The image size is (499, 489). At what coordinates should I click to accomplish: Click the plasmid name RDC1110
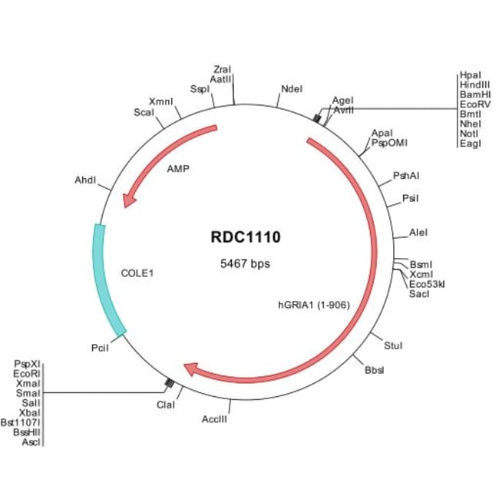pos(246,237)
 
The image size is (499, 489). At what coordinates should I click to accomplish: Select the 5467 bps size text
pos(246,263)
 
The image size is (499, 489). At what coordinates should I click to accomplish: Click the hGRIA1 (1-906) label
pos(314,305)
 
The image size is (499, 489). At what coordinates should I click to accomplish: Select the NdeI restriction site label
pos(292,89)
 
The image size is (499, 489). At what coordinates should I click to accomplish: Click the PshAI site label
pos(405,176)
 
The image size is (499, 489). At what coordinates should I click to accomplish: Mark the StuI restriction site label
pos(393,346)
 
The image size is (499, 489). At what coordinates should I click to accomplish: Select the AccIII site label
pos(214,418)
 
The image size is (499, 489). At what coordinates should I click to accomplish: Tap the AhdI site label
pos(85,181)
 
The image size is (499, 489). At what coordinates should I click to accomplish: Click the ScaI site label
pos(144,112)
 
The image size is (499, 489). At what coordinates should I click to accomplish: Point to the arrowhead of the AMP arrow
pos(129,200)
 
